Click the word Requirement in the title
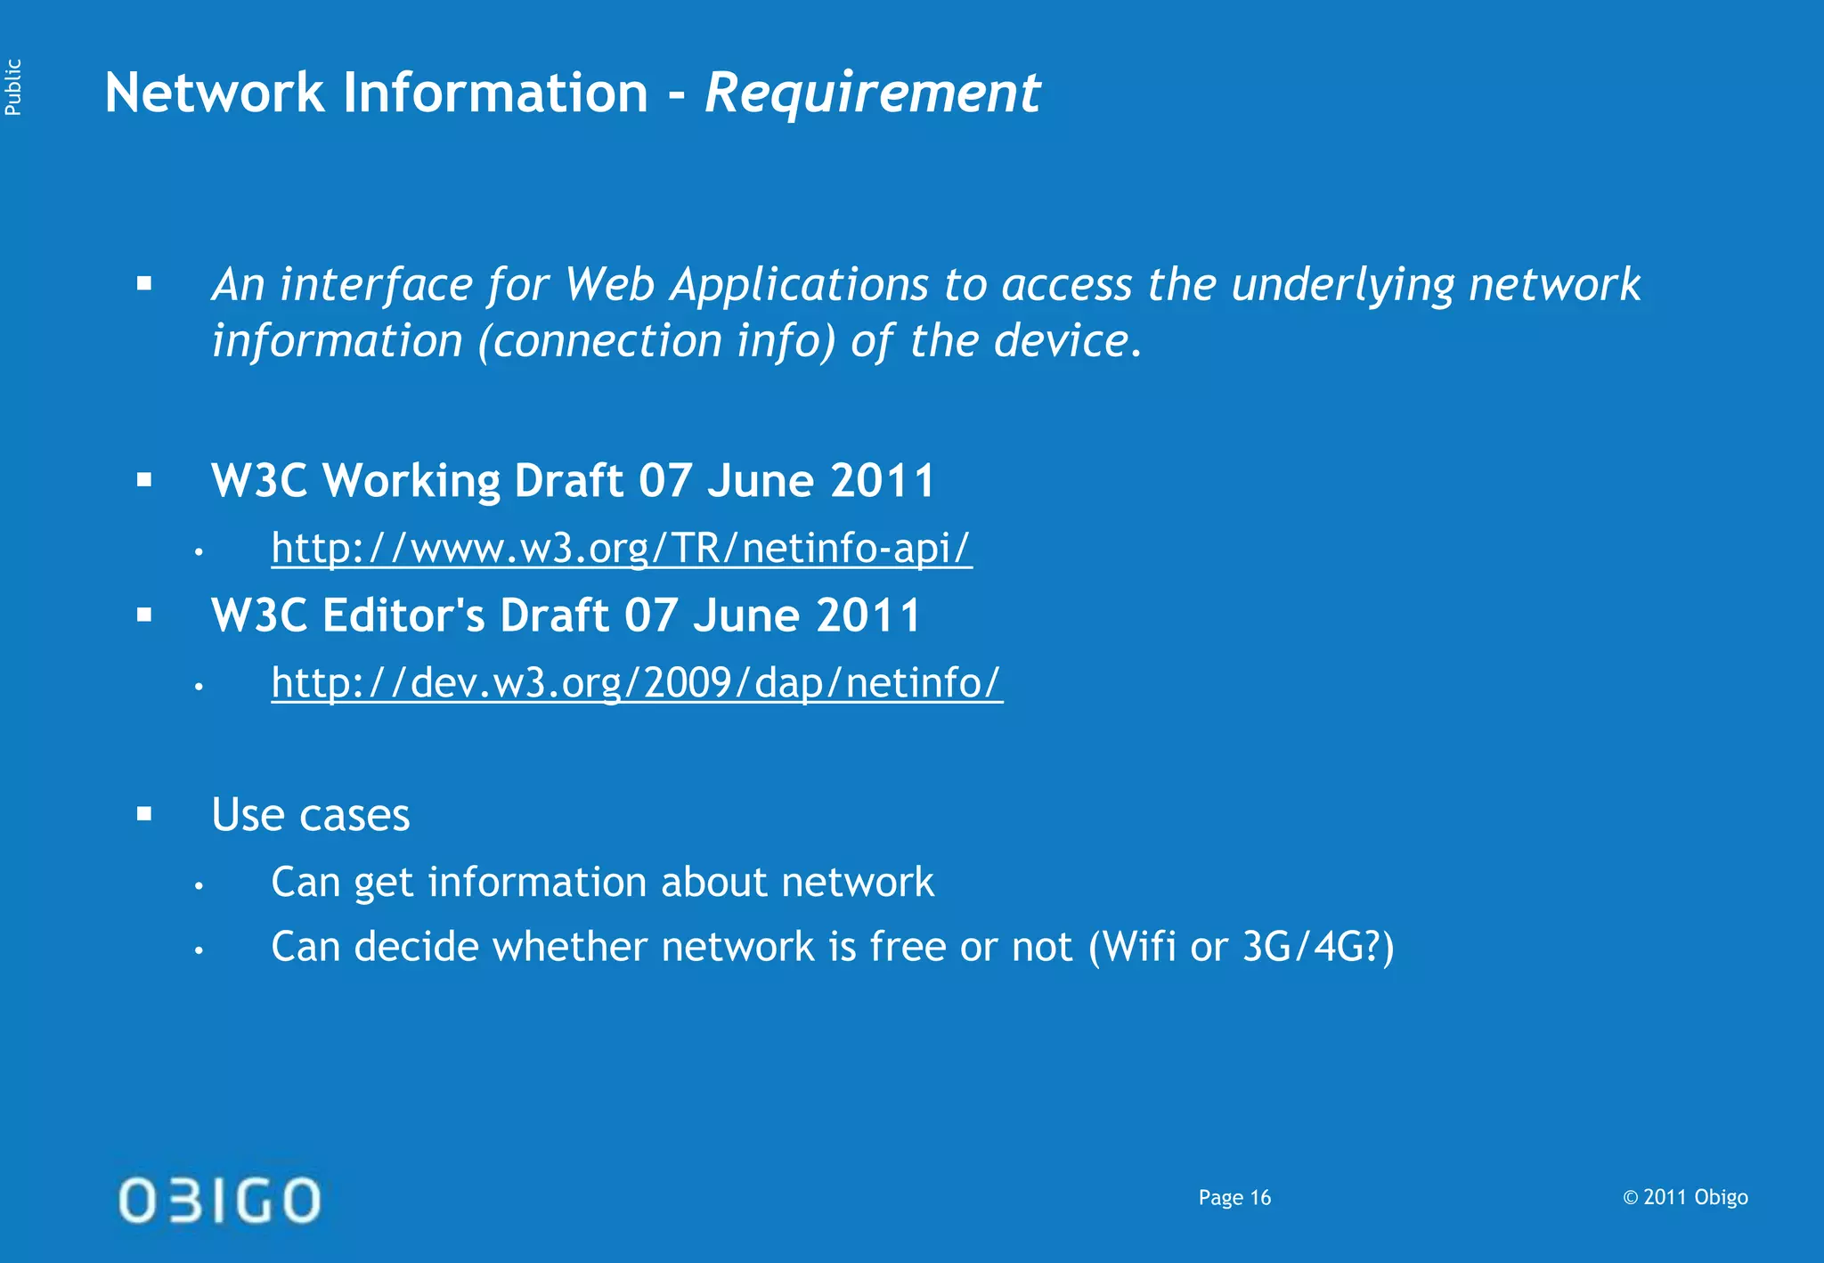[872, 94]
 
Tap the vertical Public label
[13, 87]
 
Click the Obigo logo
[219, 1199]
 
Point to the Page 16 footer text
[1234, 1198]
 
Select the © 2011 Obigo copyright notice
[1685, 1197]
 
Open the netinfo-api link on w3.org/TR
[621, 548]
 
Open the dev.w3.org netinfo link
[637, 683]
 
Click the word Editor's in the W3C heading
[403, 615]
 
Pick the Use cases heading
[311, 815]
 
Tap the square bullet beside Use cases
[145, 813]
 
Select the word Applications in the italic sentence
[800, 285]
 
